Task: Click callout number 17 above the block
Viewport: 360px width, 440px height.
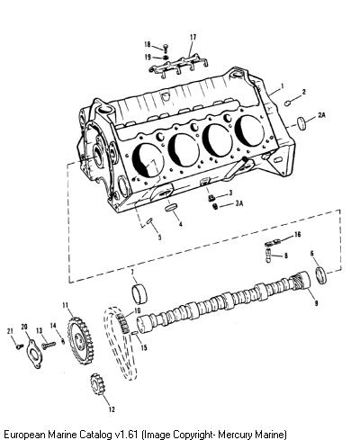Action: pos(193,37)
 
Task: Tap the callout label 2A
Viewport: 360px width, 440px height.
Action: pos(321,114)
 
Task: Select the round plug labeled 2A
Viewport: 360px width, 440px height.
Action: pos(302,123)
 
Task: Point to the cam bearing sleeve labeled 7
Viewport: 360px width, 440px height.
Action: pos(139,294)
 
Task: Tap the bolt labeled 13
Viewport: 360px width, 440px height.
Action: pos(49,345)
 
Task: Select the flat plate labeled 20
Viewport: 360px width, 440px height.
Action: pos(34,354)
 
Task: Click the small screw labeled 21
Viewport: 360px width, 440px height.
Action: pos(20,346)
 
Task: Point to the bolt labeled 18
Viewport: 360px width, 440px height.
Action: pos(166,47)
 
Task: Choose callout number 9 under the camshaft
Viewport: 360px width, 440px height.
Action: pos(316,303)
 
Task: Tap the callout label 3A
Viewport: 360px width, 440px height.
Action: pos(239,203)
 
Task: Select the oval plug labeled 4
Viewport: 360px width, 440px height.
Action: pos(171,208)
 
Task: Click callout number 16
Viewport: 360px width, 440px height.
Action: pos(297,234)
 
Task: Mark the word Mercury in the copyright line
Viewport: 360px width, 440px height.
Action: pos(235,434)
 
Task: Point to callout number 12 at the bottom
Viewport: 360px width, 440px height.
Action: pos(112,409)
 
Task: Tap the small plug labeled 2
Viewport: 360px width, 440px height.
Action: pos(287,103)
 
